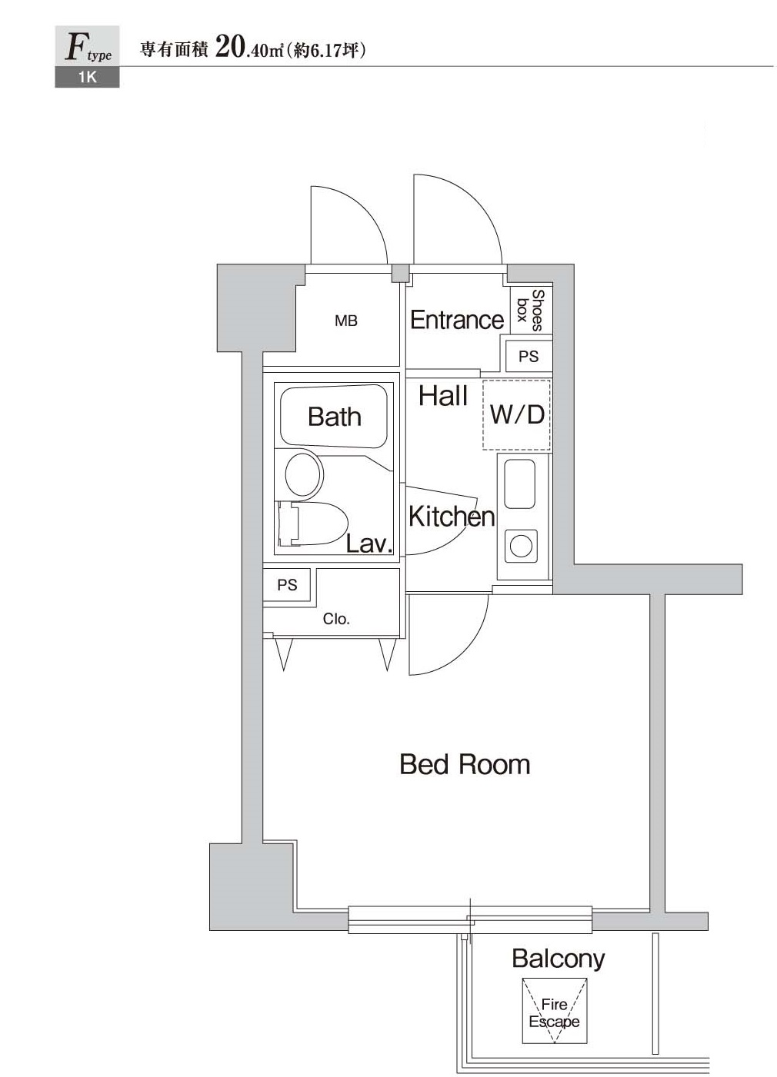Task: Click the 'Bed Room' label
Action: click(465, 764)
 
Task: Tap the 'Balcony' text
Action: click(558, 959)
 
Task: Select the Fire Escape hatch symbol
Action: click(554, 1011)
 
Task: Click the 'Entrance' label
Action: click(456, 320)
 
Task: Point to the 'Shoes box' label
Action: click(531, 310)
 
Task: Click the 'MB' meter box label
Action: click(346, 321)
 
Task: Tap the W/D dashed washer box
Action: click(516, 414)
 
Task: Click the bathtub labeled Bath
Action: click(334, 414)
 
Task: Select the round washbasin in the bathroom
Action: click(304, 474)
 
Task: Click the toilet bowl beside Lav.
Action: click(318, 523)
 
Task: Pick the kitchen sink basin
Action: click(519, 484)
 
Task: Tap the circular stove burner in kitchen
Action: click(521, 546)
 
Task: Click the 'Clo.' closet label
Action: click(336, 619)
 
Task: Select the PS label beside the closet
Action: click(287, 585)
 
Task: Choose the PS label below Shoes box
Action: click(529, 356)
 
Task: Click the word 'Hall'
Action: click(443, 396)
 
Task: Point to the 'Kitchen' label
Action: click(452, 517)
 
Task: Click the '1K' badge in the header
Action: click(87, 77)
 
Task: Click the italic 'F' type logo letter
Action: click(75, 48)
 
